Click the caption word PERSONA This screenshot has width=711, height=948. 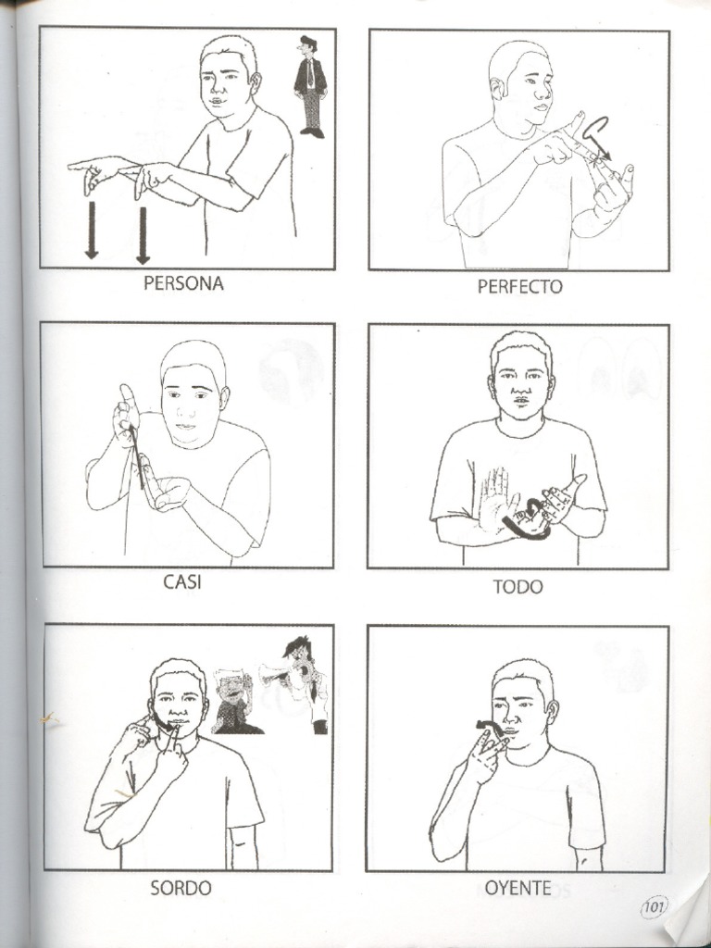[x=183, y=283]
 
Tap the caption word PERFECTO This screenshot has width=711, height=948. [x=519, y=286]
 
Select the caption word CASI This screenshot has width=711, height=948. [x=182, y=582]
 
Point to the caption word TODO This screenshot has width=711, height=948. [x=518, y=586]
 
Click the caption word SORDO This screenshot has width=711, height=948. [x=181, y=888]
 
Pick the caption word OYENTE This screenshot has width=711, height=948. [x=518, y=888]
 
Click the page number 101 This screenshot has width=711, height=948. [x=653, y=907]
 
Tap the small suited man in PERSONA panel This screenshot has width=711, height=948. [x=310, y=87]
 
